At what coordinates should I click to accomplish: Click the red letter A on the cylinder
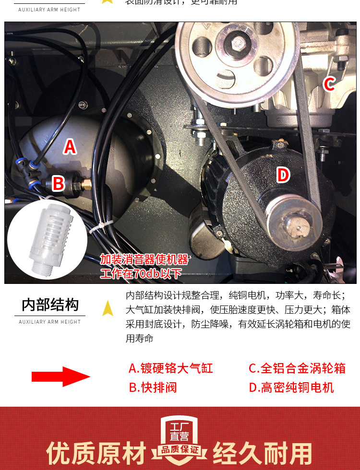click(70, 147)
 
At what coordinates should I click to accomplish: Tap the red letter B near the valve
click(58, 183)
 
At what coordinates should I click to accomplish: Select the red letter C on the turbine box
click(329, 84)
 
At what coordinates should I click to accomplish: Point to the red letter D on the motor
click(283, 175)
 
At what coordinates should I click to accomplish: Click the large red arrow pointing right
click(61, 377)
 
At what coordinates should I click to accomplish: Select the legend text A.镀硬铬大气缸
click(170, 368)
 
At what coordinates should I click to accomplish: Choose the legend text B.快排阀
click(153, 388)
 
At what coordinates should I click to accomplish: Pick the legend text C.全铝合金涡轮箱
click(297, 368)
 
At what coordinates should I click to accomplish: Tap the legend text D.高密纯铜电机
click(291, 388)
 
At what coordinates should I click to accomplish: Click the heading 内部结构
click(50, 305)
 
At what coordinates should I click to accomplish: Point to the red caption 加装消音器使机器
click(144, 259)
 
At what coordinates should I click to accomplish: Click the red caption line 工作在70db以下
click(141, 273)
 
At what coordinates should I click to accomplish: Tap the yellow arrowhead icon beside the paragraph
click(108, 307)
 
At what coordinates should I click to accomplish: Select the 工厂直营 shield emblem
click(180, 431)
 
